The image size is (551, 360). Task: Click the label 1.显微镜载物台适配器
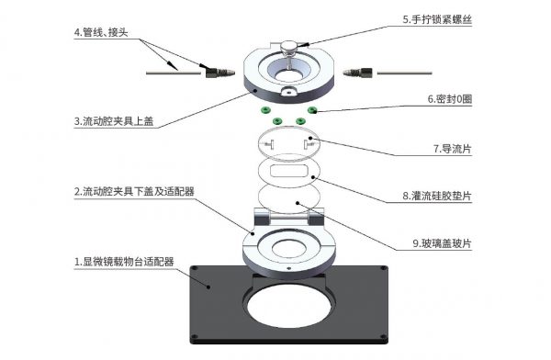tap(138, 262)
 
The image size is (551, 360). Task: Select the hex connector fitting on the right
tap(357, 71)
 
